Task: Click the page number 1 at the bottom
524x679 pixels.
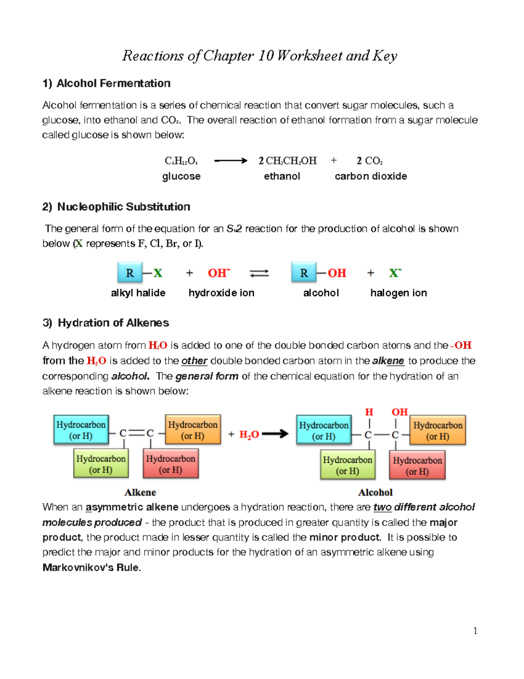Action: coord(475,630)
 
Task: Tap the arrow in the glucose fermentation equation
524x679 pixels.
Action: coord(231,161)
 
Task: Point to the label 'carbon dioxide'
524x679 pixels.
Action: coord(371,176)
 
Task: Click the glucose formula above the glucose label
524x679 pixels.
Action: coord(181,161)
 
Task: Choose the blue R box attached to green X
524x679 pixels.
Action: coord(130,273)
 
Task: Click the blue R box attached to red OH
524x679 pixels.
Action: coord(304,273)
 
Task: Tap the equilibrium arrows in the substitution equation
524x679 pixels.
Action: coord(259,273)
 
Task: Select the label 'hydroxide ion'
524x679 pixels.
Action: coord(221,293)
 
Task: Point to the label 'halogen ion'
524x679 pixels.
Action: coord(398,293)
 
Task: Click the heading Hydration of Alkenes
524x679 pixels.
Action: coord(113,323)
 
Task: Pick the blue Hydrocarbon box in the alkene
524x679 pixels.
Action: coord(81,430)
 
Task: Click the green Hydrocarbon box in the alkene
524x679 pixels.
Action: coord(101,464)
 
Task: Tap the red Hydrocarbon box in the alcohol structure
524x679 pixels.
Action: coord(417,466)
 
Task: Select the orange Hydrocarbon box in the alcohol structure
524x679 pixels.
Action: coord(438,430)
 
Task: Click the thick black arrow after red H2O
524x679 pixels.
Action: coord(275,434)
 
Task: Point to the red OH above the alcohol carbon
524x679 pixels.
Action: coord(399,412)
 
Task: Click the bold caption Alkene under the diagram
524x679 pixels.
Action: coord(140,492)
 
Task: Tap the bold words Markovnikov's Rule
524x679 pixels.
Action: coord(91,568)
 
